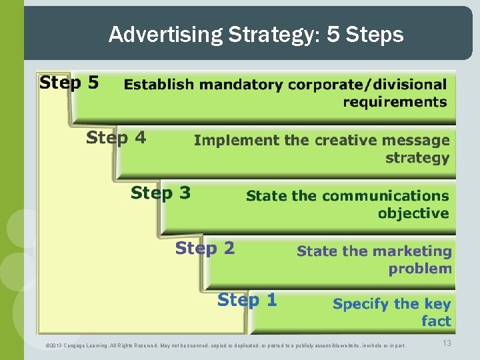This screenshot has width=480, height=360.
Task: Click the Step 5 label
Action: [x=69, y=83]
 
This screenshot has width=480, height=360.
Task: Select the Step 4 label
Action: [x=116, y=138]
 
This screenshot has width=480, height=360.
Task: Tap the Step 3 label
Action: [x=161, y=193]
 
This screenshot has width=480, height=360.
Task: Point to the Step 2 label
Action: [x=205, y=249]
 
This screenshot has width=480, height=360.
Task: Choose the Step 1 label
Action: [x=247, y=300]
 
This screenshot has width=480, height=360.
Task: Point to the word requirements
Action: [x=395, y=102]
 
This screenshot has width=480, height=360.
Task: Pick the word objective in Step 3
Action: [x=413, y=213]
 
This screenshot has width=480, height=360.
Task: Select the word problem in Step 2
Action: [x=420, y=269]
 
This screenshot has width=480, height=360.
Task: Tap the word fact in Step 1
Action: [x=436, y=321]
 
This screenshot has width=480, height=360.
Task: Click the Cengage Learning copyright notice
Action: [x=225, y=345]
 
